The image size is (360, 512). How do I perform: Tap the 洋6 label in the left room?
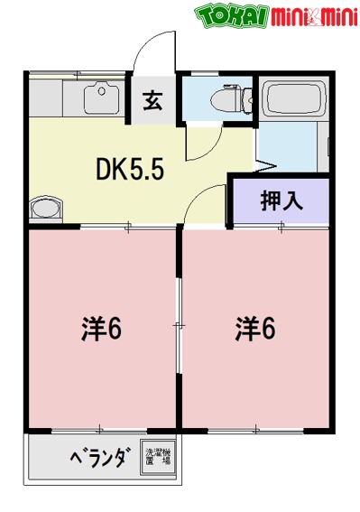click(102, 327)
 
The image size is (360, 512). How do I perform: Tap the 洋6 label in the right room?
click(258, 327)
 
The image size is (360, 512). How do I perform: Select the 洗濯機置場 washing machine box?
click(157, 456)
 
